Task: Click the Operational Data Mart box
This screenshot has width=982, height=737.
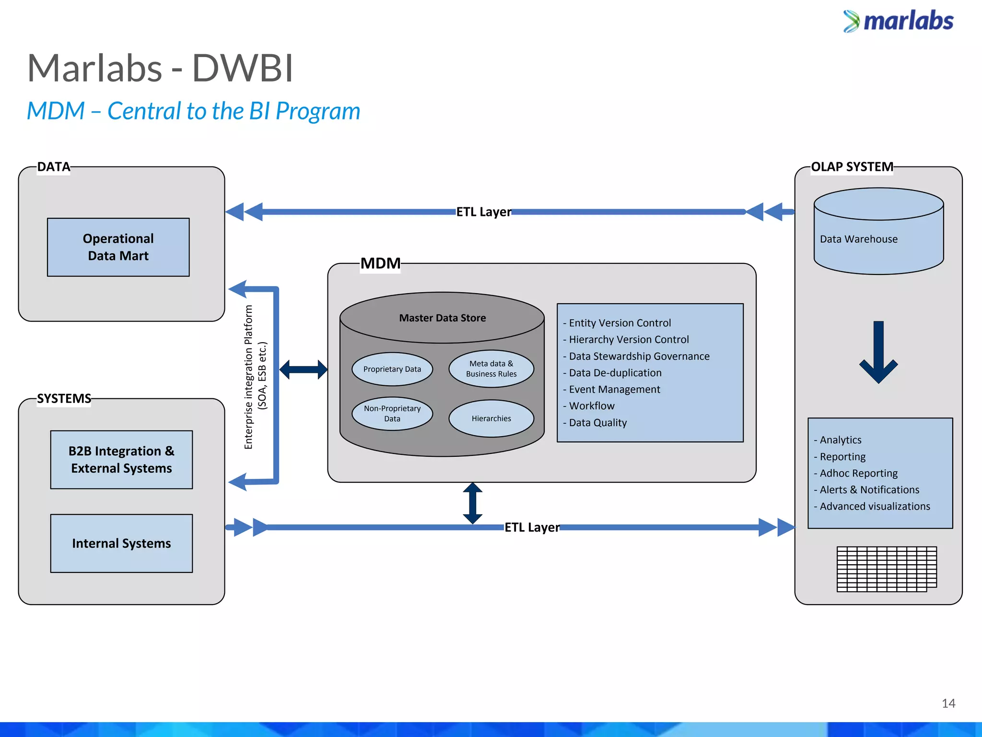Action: (x=118, y=247)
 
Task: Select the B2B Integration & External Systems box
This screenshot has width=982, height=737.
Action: (x=121, y=460)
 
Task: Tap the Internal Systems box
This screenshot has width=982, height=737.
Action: (x=121, y=543)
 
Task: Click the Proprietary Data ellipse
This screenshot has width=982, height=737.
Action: (x=392, y=369)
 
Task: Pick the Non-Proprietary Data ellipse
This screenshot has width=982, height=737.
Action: (x=392, y=414)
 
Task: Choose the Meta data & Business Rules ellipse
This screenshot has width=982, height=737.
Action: (x=491, y=368)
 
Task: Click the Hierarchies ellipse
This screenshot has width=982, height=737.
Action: (x=491, y=418)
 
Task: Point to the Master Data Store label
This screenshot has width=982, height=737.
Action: (x=442, y=318)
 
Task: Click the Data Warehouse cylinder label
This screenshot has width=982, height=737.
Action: (x=858, y=239)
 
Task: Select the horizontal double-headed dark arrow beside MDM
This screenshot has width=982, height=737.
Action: (x=304, y=369)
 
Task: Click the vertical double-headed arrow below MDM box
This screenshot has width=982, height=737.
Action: (x=472, y=503)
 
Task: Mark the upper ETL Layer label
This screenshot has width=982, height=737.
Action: (x=483, y=212)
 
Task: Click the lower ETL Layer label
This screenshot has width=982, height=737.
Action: (x=532, y=527)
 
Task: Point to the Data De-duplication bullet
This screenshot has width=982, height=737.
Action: (x=615, y=373)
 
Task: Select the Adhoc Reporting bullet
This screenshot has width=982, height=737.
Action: (x=858, y=473)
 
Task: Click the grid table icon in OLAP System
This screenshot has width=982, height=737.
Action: (x=886, y=569)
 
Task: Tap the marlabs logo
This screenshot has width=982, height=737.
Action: (x=898, y=21)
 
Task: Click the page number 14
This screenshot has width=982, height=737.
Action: (x=948, y=703)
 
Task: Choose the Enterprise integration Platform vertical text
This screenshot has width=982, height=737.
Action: (x=255, y=377)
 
